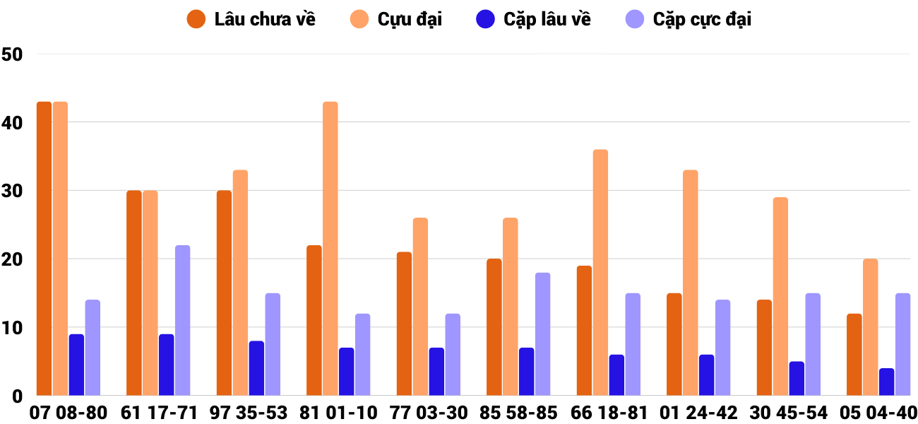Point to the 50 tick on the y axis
(13, 54)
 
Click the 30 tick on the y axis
(13, 192)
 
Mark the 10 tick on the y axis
(13, 328)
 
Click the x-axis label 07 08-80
(68, 413)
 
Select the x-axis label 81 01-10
(338, 413)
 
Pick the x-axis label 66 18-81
(609, 413)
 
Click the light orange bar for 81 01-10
(330, 249)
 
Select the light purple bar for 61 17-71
(182, 321)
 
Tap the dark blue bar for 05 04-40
(886, 382)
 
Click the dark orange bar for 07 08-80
(44, 249)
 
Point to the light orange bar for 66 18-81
(600, 273)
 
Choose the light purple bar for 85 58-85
(542, 334)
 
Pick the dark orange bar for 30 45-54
(764, 348)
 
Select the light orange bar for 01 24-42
(691, 283)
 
